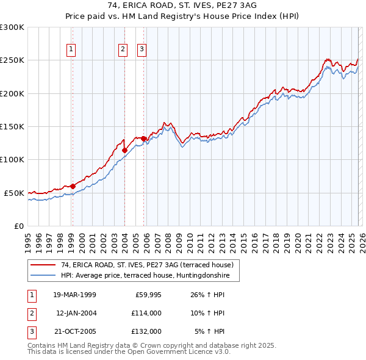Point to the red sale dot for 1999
(73, 186)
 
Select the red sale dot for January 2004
(124, 150)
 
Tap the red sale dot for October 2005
(144, 139)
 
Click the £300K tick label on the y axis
(12, 27)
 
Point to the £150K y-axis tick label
(12, 127)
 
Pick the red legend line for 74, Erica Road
(44, 265)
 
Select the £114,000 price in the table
(147, 314)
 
